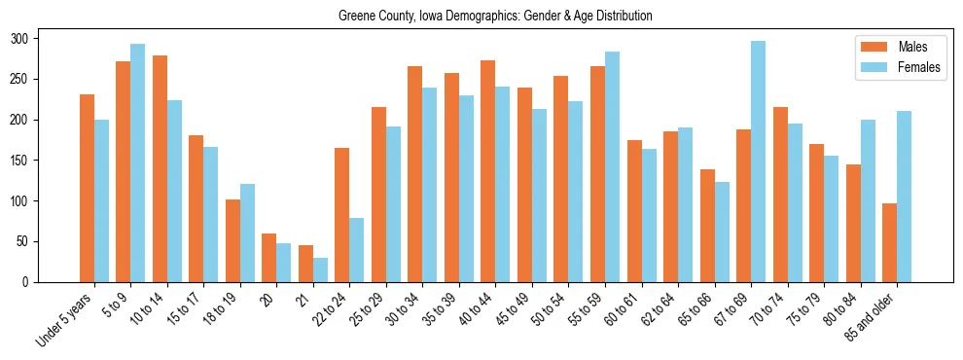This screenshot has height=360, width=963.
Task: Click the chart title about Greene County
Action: pos(495,17)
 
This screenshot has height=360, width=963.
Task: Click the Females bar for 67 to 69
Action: pos(759,162)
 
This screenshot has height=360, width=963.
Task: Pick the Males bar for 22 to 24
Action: pos(342,215)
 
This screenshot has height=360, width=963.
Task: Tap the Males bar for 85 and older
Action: pos(889,243)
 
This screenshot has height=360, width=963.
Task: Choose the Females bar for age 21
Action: pos(320,270)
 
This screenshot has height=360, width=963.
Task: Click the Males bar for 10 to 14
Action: pos(160,169)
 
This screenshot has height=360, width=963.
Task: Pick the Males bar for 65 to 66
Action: pos(707,226)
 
